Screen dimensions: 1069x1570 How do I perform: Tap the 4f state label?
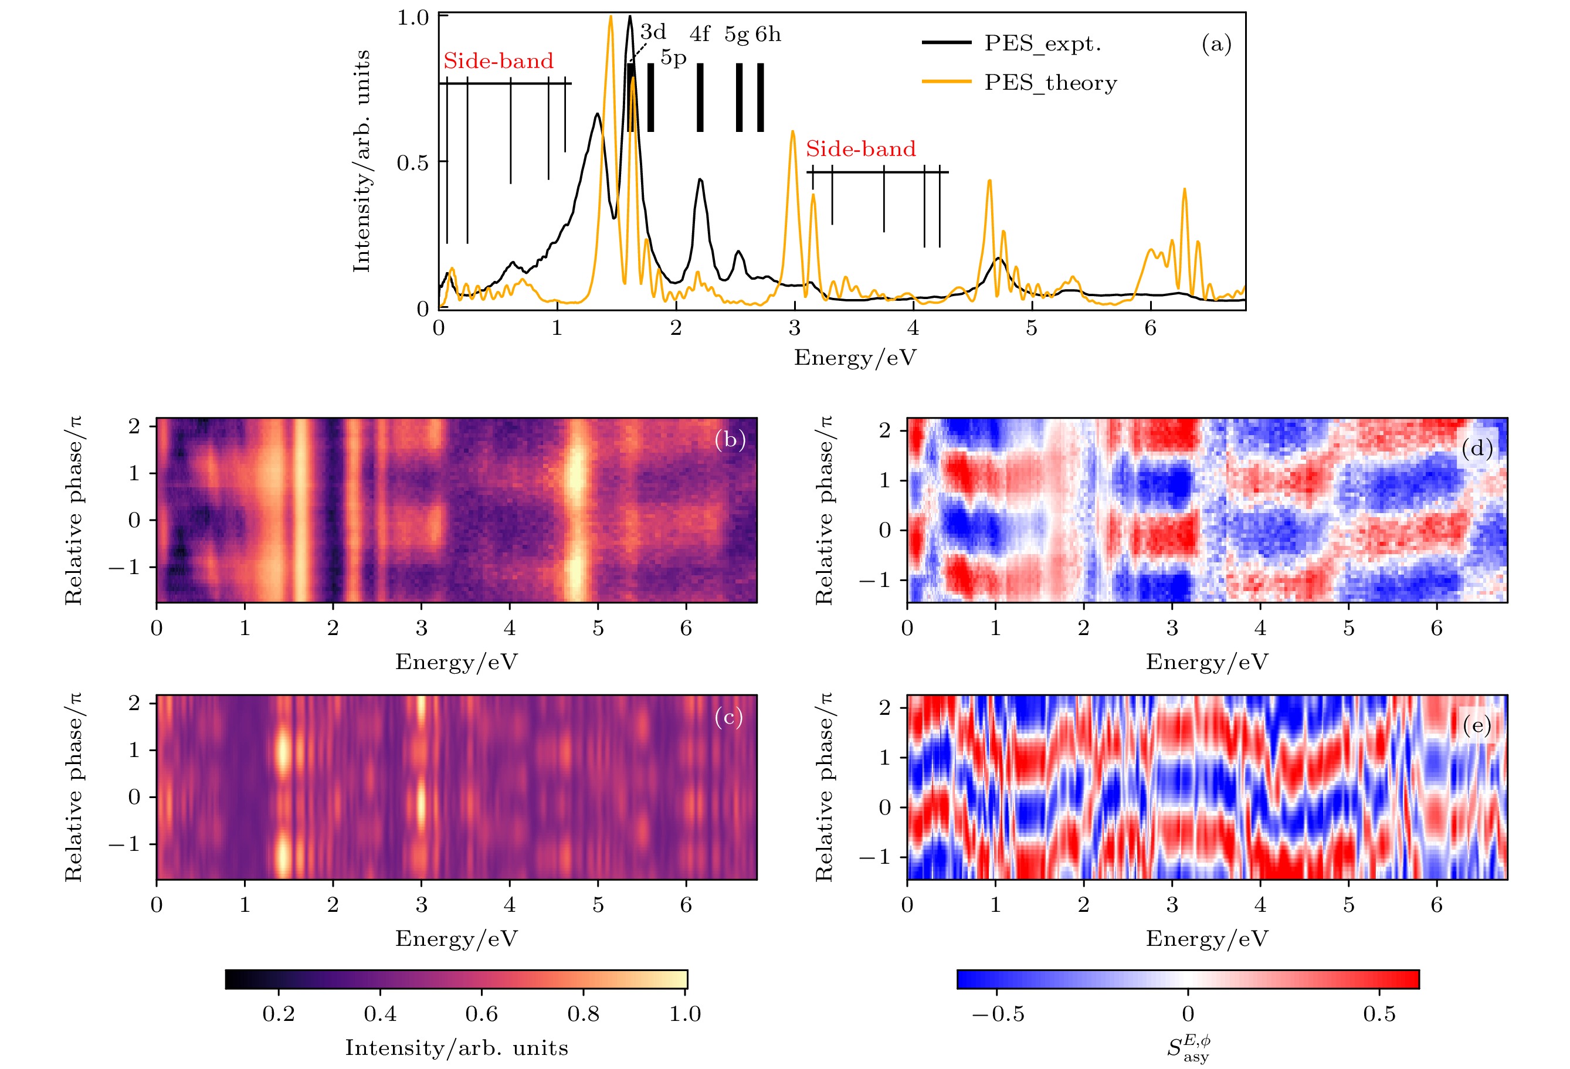(699, 34)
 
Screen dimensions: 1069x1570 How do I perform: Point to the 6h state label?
(768, 34)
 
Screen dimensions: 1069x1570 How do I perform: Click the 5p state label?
(673, 58)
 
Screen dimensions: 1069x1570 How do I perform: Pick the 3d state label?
(653, 32)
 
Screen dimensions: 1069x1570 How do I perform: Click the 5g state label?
(737, 35)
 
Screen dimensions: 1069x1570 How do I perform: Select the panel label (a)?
(1216, 44)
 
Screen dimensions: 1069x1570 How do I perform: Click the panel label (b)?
(730, 440)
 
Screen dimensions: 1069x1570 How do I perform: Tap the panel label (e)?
(1477, 725)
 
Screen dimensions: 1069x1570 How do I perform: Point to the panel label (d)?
(1477, 449)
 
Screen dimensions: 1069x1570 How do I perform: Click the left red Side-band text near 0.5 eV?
(498, 61)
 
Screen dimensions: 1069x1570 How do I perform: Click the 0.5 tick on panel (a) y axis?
(412, 163)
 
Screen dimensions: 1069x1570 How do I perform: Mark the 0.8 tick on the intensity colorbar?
(583, 1014)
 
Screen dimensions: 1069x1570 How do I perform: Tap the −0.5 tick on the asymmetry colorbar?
(998, 1014)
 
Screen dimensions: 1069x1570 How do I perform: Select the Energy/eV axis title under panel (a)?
(854, 357)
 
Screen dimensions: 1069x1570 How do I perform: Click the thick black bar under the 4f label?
(700, 97)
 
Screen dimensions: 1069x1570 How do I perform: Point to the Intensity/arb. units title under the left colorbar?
(456, 1047)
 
